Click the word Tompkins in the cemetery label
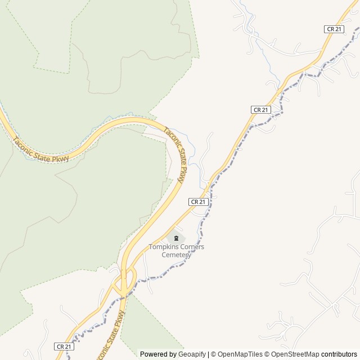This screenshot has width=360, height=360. pos(163,247)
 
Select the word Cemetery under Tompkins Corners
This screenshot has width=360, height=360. pos(177,255)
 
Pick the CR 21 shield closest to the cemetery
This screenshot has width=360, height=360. pos(199,201)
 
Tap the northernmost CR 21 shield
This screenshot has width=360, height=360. pos(334,29)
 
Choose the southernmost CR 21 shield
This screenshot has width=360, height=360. pos(64,346)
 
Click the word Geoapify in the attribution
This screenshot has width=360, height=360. pos(192,354)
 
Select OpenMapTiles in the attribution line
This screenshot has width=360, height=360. pos(240,354)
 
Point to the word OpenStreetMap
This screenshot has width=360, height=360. pos(295,354)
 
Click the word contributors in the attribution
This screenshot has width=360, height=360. pos(339,354)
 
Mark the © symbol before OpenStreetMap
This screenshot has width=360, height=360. pos(268,354)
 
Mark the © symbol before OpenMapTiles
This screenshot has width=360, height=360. pos(214,354)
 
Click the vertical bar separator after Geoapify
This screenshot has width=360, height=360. pos(208,354)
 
